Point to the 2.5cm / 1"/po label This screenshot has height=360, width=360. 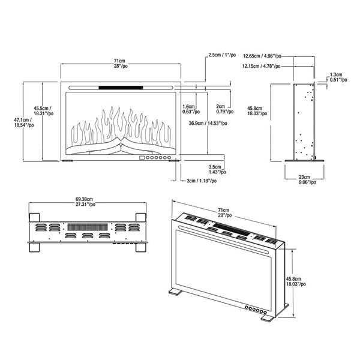(x=221, y=56)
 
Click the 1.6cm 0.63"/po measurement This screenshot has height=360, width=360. (x=189, y=109)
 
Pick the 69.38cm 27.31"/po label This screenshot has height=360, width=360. (x=88, y=202)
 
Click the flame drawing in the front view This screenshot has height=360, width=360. (x=121, y=127)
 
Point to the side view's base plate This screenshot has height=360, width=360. (x=305, y=160)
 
